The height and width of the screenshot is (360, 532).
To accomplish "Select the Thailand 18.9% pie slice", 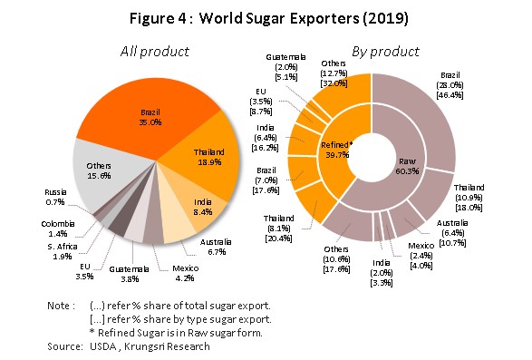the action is (207, 156).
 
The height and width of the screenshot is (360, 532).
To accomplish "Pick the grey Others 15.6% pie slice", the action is (102, 170).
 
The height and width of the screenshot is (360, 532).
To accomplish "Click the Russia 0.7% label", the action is (55, 198).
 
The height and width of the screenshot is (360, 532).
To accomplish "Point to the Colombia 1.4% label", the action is (58, 229).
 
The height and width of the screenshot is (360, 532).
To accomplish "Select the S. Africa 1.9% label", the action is (63, 252).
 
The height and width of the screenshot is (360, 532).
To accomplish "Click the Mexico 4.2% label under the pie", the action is (185, 273).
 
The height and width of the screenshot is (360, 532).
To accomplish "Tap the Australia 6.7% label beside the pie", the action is (216, 248).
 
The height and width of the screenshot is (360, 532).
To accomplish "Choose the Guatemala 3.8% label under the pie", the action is (129, 274).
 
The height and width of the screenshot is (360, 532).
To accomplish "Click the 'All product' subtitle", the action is (155, 52).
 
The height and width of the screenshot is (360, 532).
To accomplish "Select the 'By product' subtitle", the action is (385, 52).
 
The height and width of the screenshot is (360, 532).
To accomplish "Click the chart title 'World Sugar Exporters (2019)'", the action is (304, 18).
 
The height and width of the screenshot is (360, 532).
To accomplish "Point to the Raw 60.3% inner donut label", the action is (407, 166).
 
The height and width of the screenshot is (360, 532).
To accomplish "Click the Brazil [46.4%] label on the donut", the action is (450, 85).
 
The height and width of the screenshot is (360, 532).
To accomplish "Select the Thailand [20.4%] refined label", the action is (278, 229).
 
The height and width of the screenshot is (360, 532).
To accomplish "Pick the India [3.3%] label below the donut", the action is (382, 273).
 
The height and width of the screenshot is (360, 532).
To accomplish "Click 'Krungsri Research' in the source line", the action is (167, 346).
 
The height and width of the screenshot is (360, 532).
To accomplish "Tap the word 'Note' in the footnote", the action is (59, 306).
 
